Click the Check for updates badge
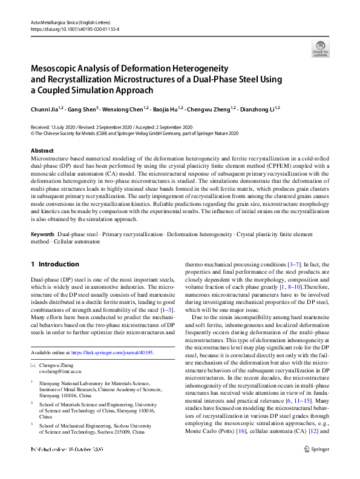point(320,49)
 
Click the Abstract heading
point(42,150)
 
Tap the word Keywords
point(43,233)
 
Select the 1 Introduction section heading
point(54,264)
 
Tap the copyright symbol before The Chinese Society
point(32,134)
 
